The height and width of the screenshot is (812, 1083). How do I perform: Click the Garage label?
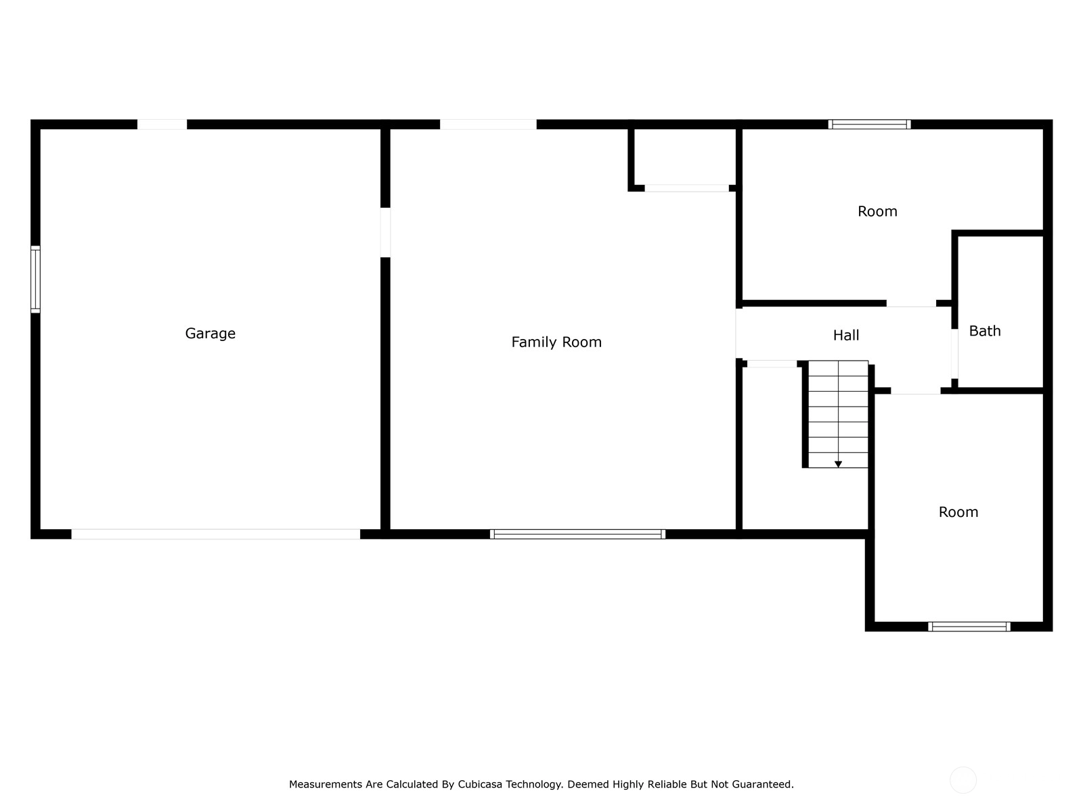click(x=211, y=334)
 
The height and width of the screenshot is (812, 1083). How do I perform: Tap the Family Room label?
click(x=556, y=342)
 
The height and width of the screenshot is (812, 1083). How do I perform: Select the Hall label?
click(x=845, y=335)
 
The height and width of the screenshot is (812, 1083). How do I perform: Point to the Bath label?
click(x=984, y=331)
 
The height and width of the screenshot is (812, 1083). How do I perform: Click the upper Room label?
click(x=877, y=212)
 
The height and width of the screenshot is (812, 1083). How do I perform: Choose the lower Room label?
click(x=958, y=512)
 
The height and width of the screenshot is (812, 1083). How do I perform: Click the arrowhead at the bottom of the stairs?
click(x=838, y=464)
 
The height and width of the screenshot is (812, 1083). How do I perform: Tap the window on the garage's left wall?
click(x=35, y=279)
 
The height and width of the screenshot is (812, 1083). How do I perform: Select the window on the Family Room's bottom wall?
click(x=577, y=534)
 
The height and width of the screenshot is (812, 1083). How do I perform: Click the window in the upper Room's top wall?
click(x=869, y=125)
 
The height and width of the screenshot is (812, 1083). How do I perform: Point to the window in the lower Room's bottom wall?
click(x=969, y=627)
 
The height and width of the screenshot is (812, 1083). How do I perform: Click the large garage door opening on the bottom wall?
click(x=216, y=534)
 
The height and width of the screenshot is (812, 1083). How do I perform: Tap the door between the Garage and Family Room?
click(x=385, y=233)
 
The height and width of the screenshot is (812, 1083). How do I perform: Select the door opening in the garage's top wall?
click(x=162, y=125)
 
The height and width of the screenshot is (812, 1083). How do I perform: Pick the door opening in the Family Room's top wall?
click(x=488, y=125)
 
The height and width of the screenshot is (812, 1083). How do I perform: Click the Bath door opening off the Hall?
click(x=954, y=353)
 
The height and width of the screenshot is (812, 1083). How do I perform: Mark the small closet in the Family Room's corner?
click(x=685, y=157)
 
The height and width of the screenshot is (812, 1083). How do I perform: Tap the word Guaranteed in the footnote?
click(x=764, y=784)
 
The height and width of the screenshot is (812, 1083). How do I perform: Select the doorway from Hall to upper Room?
click(x=911, y=303)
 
